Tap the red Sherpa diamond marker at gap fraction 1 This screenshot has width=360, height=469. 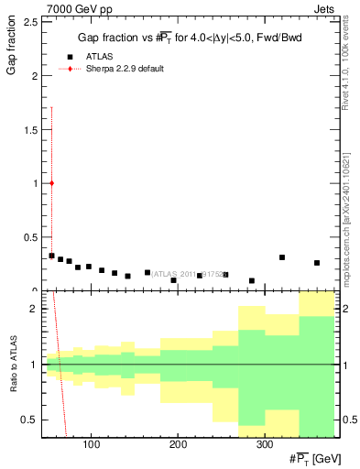(x=51, y=183)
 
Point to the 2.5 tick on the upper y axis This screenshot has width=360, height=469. (x=31, y=23)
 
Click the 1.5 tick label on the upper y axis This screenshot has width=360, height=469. (x=31, y=130)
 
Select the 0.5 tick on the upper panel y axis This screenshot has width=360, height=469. (x=31, y=237)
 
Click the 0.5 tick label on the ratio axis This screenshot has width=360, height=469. (x=31, y=420)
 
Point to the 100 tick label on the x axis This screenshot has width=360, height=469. (x=91, y=444)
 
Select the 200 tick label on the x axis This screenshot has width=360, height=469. (x=178, y=444)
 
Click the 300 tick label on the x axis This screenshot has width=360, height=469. (x=265, y=444)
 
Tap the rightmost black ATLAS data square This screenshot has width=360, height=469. (x=317, y=263)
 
